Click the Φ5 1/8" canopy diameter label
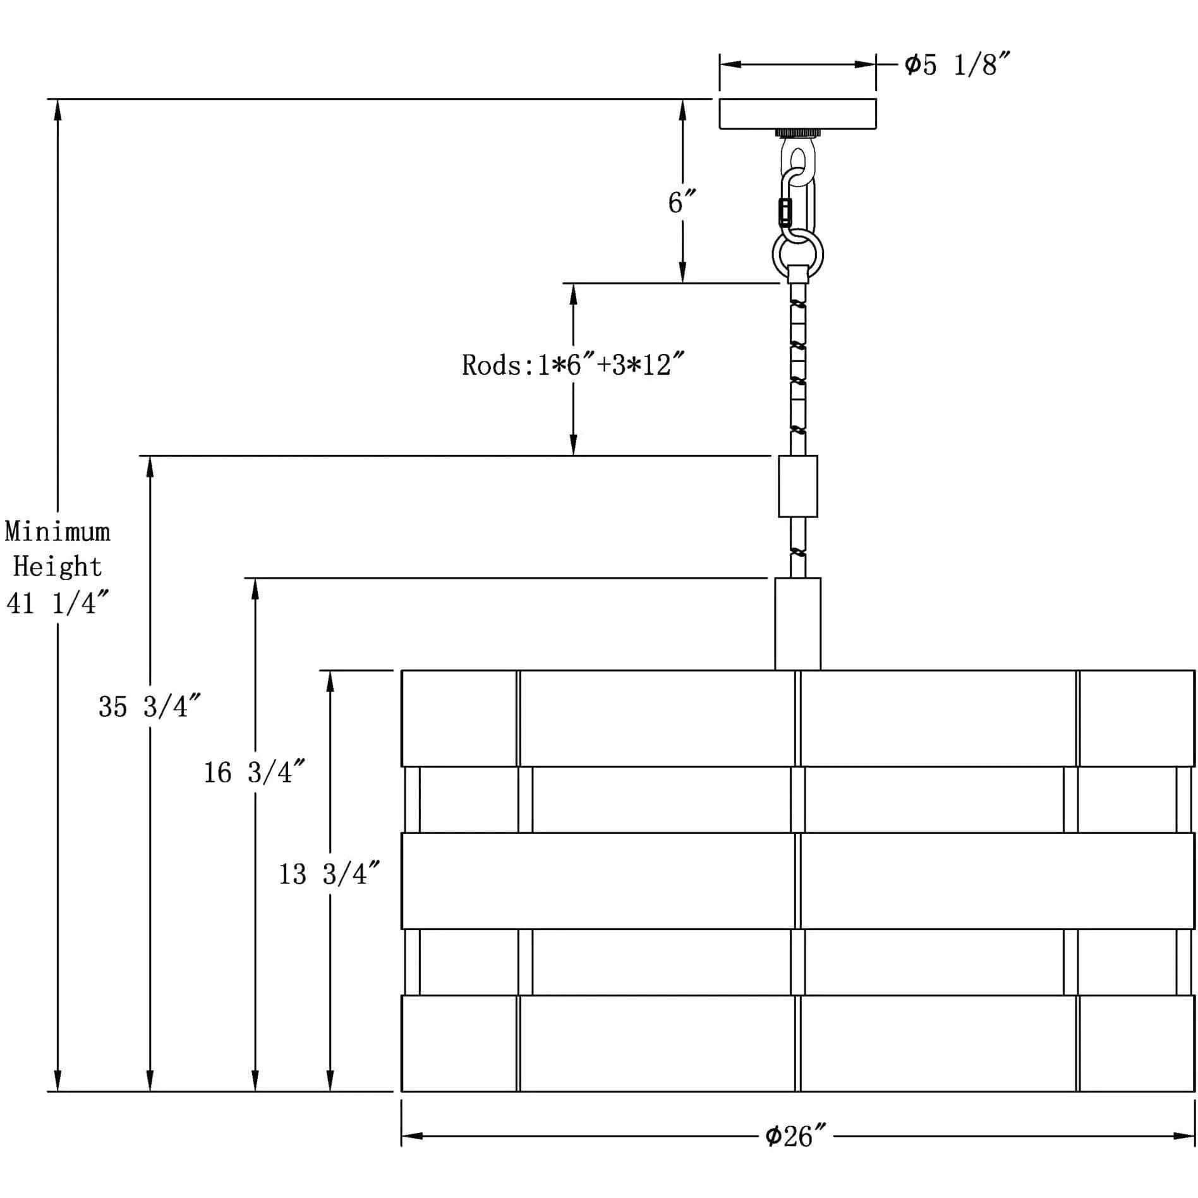957,64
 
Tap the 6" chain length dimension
681,202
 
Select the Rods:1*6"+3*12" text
572,365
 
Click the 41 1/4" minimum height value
57,603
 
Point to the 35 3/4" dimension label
149,706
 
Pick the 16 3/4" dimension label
254,772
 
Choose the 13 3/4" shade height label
329,874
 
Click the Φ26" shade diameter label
795,1136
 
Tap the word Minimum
57,532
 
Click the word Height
57,567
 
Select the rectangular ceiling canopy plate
797,114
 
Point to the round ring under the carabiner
798,254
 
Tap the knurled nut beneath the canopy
797,133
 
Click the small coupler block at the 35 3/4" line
797,486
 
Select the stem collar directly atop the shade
797,623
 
